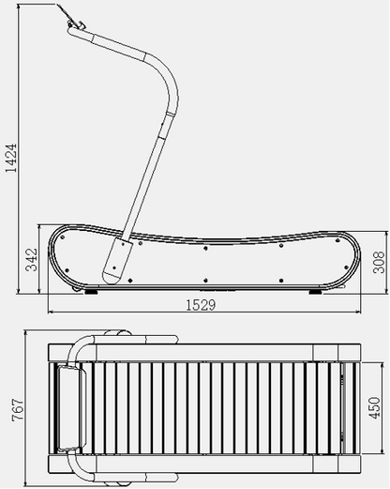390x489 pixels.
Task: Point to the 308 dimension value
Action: (x=378, y=261)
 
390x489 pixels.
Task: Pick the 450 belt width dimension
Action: (x=374, y=408)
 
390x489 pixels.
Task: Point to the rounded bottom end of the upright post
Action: (x=114, y=272)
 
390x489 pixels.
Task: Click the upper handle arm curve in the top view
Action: (x=89, y=340)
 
